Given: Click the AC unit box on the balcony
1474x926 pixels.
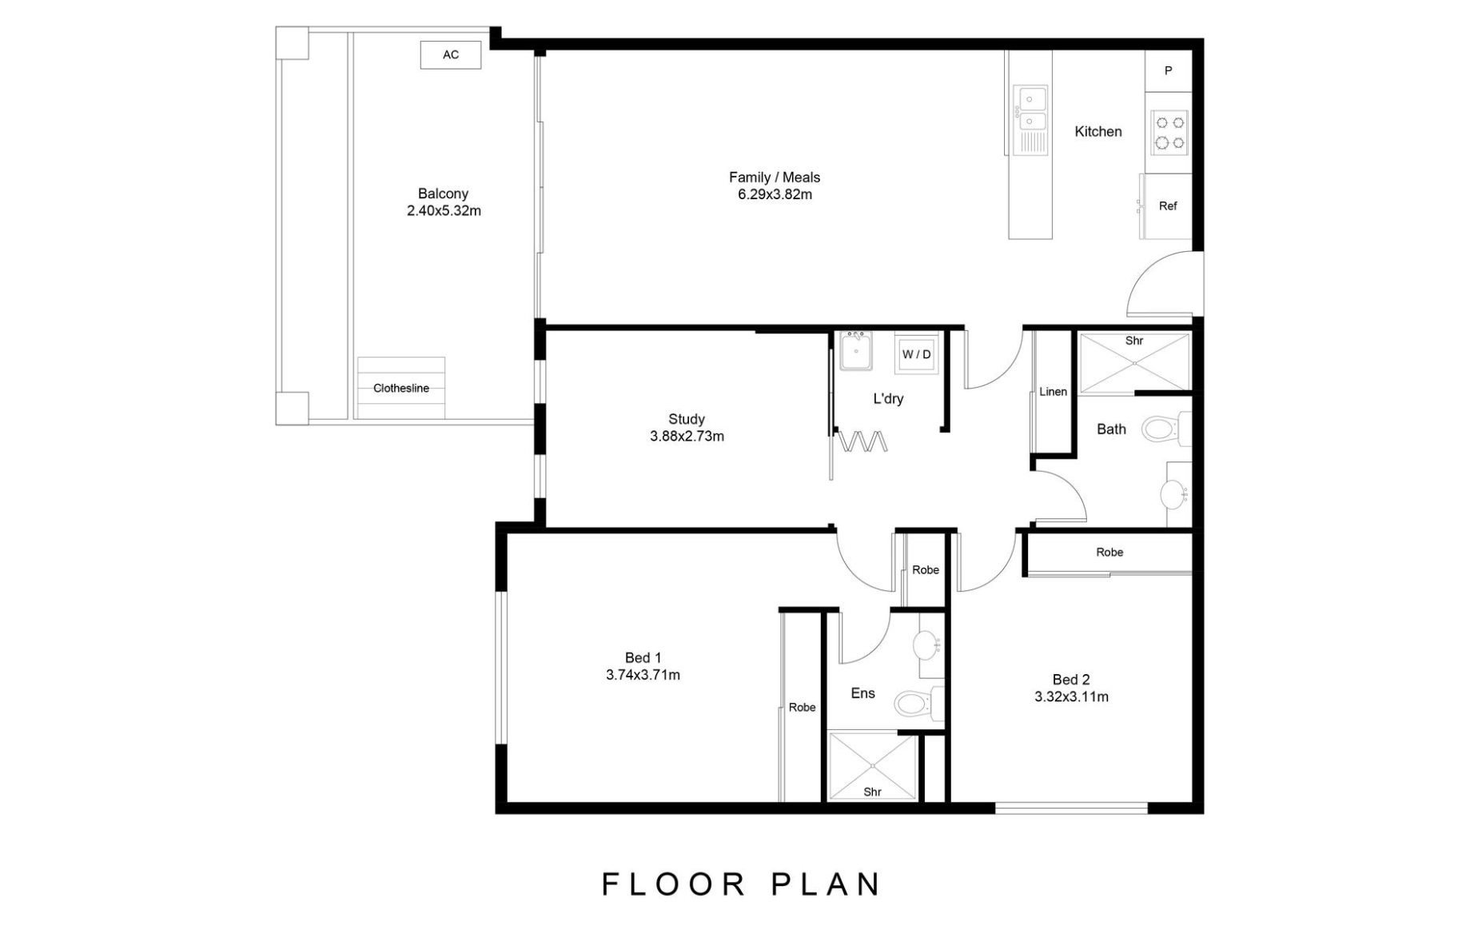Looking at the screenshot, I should [x=450, y=54].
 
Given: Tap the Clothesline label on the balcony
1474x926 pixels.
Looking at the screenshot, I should [x=400, y=388].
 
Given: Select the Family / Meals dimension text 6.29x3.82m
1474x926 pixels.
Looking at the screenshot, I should [x=774, y=194].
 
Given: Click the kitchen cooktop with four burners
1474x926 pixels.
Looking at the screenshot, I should [x=1169, y=133].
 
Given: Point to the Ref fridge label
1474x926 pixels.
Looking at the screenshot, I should [x=1167, y=206].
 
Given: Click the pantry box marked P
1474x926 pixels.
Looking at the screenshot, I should [x=1168, y=70].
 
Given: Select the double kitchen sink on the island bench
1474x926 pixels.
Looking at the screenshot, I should [x=1030, y=110].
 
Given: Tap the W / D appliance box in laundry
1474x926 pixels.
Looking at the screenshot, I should [x=916, y=354].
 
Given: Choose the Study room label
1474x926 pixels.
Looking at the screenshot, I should [x=687, y=419].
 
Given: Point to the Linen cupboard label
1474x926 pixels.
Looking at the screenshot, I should [x=1053, y=392].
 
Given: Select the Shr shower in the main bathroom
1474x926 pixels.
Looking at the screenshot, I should [x=1133, y=362].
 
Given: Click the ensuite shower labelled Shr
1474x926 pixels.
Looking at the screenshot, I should [x=872, y=766].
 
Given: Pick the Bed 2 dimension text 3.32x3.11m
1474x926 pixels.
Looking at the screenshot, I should [x=1071, y=696].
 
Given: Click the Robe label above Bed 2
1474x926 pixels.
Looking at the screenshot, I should [x=1109, y=553].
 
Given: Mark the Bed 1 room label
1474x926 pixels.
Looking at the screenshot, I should [x=637, y=657].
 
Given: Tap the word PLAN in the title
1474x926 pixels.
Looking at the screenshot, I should [x=826, y=884].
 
